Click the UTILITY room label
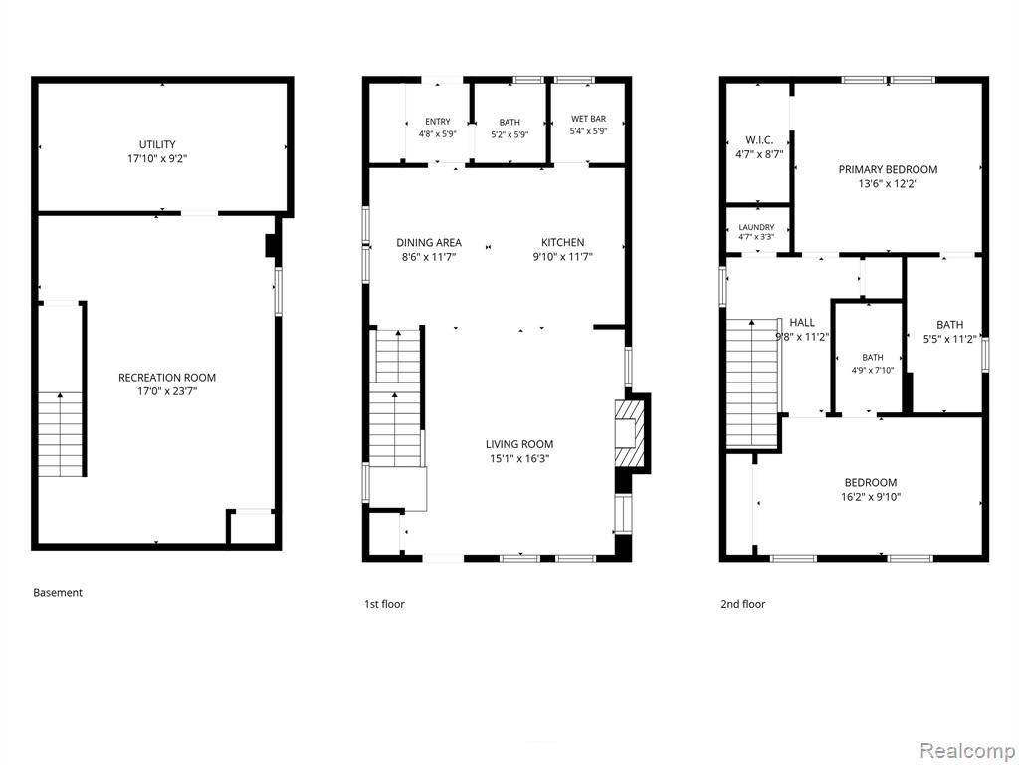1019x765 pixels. [x=157, y=144]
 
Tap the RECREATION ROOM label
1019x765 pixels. [x=167, y=378]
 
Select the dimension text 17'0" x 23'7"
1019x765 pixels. [x=167, y=391]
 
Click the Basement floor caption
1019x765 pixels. [x=58, y=592]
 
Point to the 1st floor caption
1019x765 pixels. [x=384, y=604]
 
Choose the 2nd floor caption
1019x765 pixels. [x=742, y=604]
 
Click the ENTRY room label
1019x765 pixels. [x=438, y=121]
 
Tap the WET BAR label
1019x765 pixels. [x=588, y=119]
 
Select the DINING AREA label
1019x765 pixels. [x=429, y=243]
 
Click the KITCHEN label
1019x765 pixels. [x=563, y=243]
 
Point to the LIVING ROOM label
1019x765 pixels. [x=519, y=444]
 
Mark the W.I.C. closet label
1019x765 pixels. [x=758, y=140]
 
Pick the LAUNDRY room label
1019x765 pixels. [x=756, y=228]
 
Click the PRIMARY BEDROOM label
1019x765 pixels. [x=888, y=169]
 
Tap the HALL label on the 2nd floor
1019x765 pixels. [x=802, y=322]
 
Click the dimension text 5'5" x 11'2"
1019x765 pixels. [x=950, y=339]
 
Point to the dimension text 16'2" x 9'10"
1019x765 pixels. [x=870, y=497]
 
